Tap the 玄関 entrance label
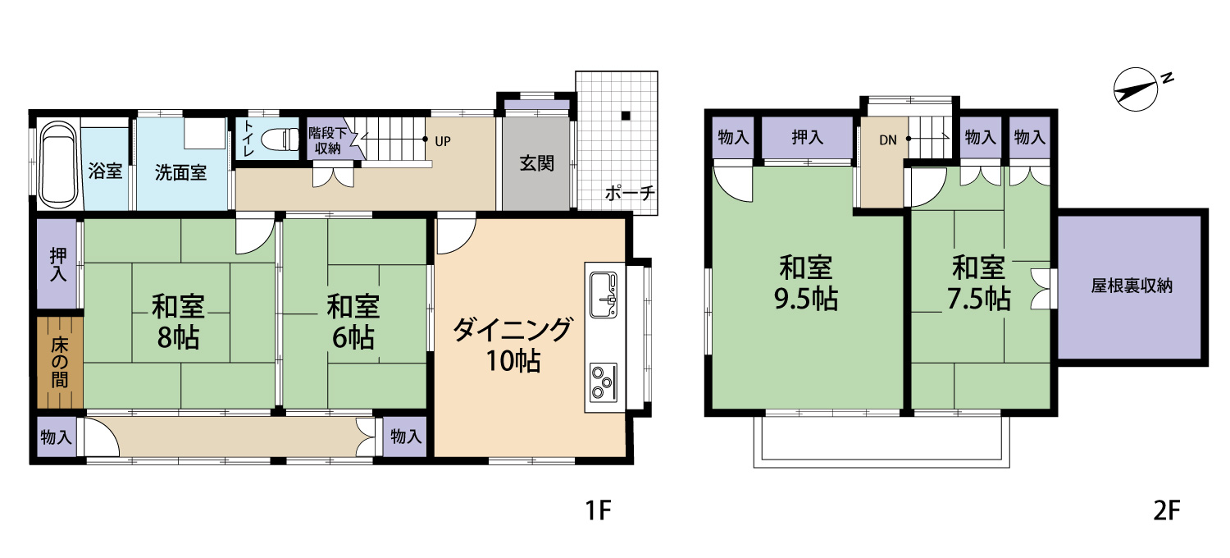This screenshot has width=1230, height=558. coord(536,163)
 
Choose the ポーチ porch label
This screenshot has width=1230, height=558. coord(630,194)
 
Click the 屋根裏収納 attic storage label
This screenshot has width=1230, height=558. coord(1131,286)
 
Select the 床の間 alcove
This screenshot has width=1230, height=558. coord(60,362)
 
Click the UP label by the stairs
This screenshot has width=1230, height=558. coord(443,140)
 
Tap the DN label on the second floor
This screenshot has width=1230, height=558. coord(888,139)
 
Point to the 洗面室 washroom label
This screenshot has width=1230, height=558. coord(181,172)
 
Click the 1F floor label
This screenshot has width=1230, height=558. coord(599,511)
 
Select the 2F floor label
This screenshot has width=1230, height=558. coord(1166,511)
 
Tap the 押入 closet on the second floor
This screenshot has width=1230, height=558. coord(808,138)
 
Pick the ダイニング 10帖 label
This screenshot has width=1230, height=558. coord(511,345)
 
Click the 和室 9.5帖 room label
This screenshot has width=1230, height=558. coord(806,283)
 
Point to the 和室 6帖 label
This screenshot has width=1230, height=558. coord(353,322)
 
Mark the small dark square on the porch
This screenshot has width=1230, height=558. coord(626,115)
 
